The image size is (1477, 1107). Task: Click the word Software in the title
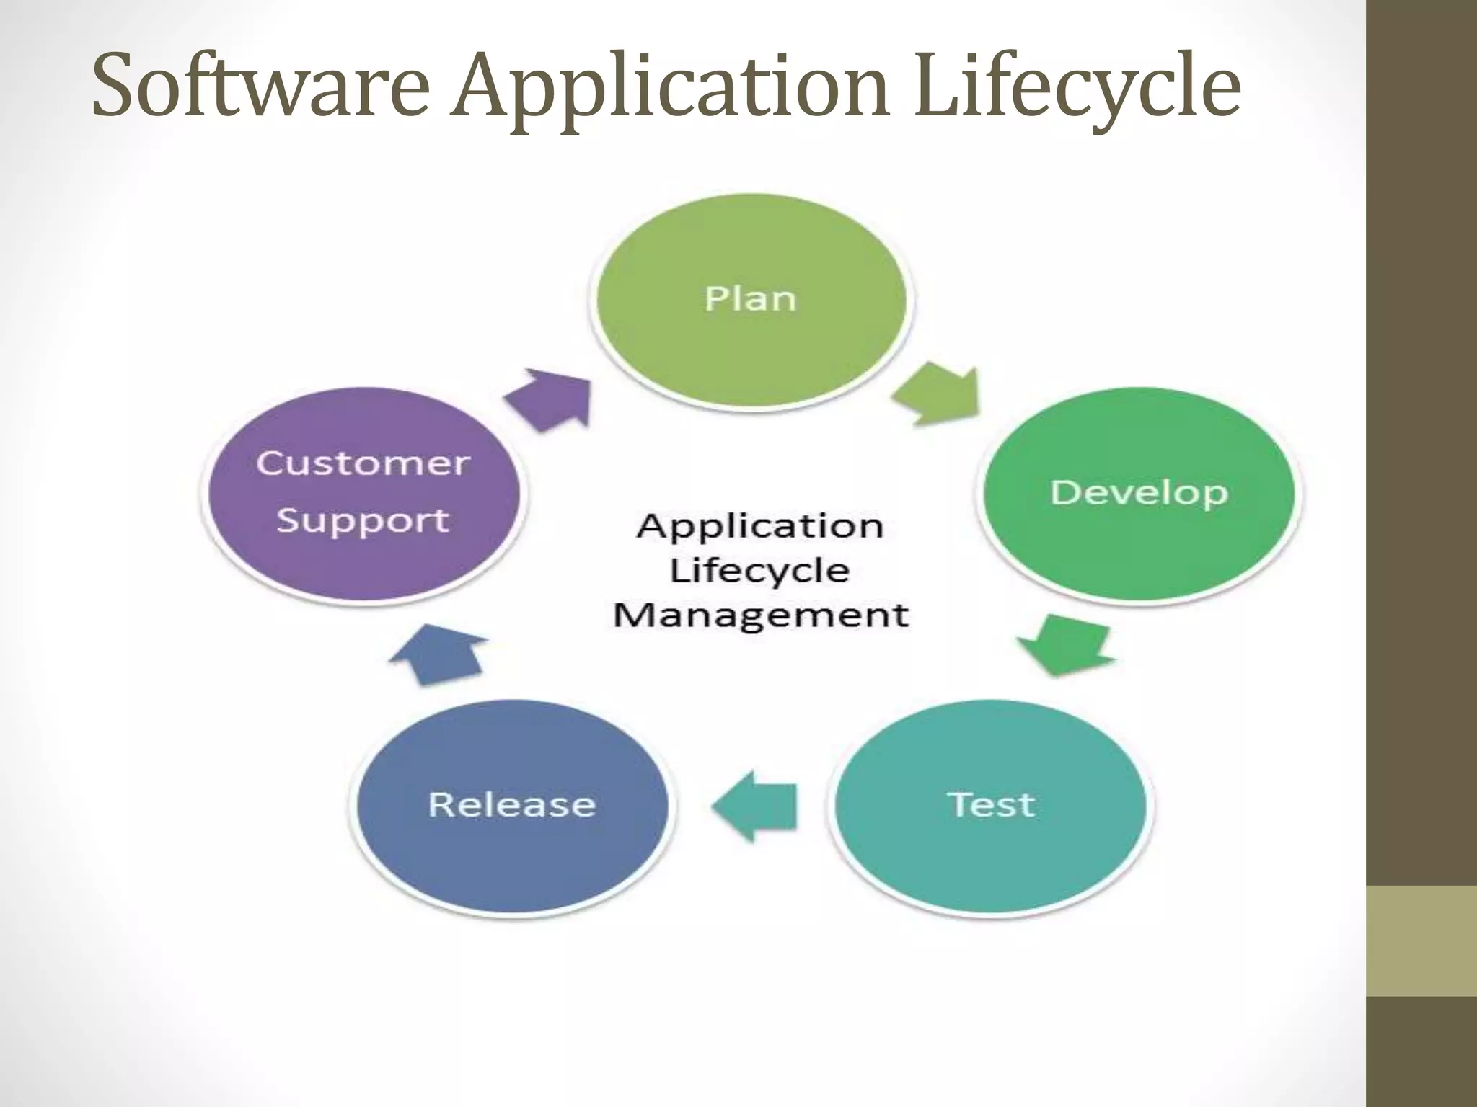261,86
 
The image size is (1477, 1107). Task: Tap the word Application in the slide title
671,90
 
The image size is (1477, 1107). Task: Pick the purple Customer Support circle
362,494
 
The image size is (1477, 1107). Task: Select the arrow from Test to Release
756,806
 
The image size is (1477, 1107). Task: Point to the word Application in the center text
759,527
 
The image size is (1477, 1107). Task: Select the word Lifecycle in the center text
759,572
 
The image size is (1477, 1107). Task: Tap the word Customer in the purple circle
363,463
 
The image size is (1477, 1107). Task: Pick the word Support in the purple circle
363,520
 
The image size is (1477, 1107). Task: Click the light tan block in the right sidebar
1421,941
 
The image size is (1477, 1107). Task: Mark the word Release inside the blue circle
512,805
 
